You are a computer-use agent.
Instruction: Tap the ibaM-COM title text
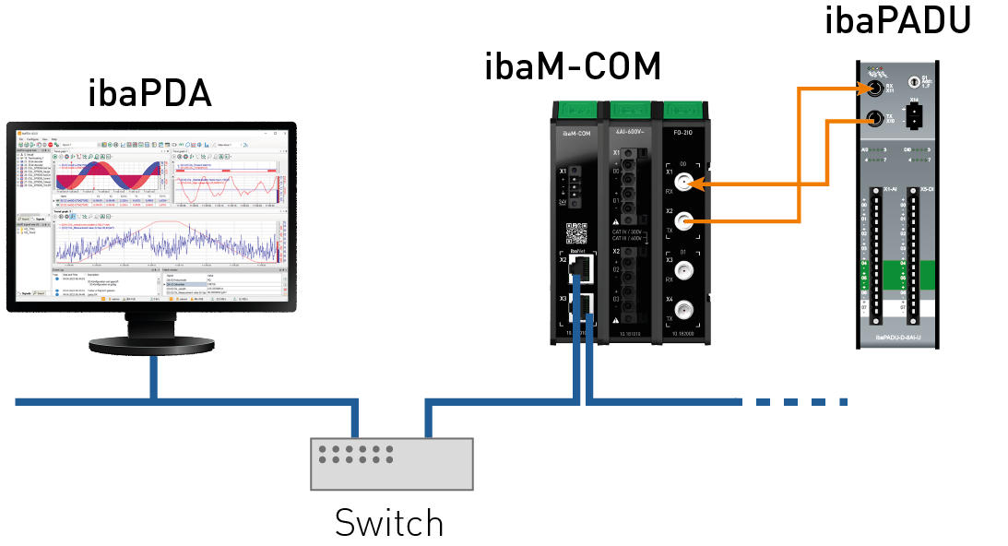click(x=573, y=66)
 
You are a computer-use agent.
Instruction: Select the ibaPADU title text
click(x=898, y=20)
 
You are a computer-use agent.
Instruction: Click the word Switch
click(x=389, y=523)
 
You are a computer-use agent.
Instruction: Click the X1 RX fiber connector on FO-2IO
click(x=684, y=185)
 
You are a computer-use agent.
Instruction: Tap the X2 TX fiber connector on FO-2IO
click(x=684, y=221)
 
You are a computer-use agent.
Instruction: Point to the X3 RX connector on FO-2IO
click(x=684, y=271)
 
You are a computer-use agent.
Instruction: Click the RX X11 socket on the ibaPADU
click(x=873, y=89)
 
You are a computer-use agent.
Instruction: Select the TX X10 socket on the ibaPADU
click(x=874, y=118)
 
